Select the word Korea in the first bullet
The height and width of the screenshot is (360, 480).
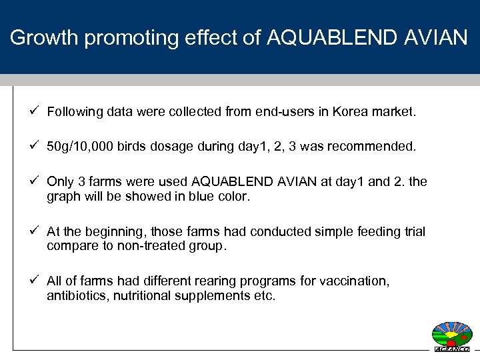click(x=335, y=113)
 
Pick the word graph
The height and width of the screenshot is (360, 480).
click(x=63, y=197)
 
